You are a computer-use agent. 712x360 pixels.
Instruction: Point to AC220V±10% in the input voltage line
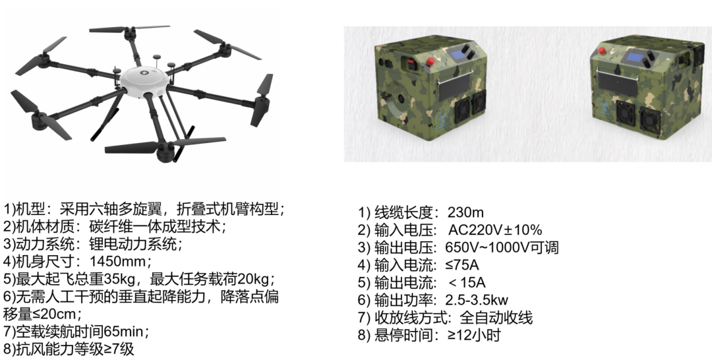click(494, 230)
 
